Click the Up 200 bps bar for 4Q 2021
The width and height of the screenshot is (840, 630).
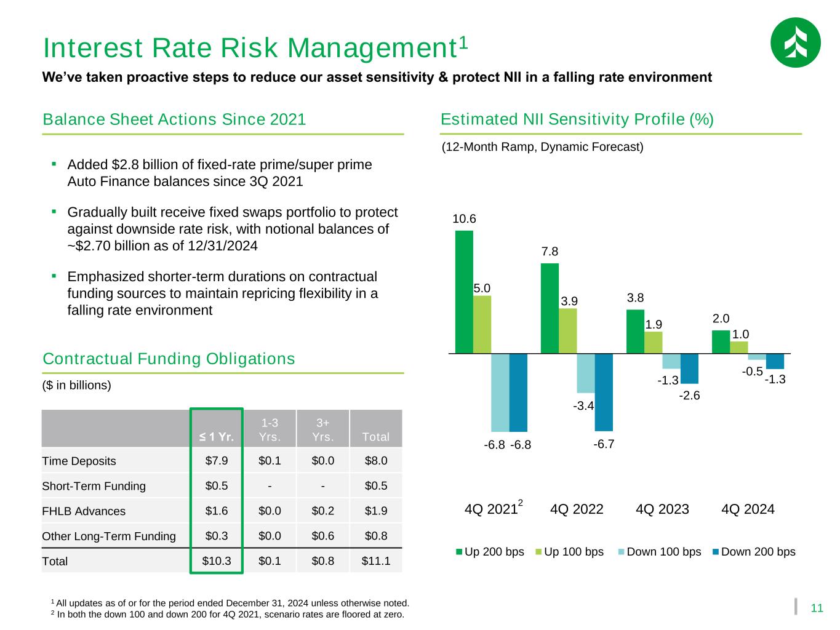pyautogui.click(x=464, y=292)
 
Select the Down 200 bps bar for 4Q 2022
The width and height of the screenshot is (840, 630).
pyautogui.click(x=604, y=392)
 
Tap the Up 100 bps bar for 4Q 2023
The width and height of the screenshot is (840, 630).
pyautogui.click(x=654, y=343)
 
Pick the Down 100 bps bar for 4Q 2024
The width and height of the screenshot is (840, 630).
pyautogui.click(x=757, y=357)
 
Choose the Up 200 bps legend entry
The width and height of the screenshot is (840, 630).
pyautogui.click(x=490, y=552)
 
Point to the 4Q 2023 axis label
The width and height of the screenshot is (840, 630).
pyautogui.click(x=662, y=509)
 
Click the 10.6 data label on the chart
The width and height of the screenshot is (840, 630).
pyautogui.click(x=464, y=219)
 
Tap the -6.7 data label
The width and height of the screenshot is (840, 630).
pyautogui.click(x=604, y=444)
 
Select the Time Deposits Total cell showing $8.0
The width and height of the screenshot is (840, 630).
pyautogui.click(x=376, y=461)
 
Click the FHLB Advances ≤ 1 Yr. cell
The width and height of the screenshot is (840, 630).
pyautogui.click(x=217, y=511)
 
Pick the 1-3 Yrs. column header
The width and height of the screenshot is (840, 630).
pyautogui.click(x=270, y=430)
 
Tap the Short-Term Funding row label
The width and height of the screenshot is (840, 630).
pyautogui.click(x=94, y=486)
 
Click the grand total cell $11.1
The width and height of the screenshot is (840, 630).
pyautogui.click(x=376, y=561)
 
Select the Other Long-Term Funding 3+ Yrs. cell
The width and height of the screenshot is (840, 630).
pyautogui.click(x=322, y=536)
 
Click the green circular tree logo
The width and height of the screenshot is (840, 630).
pyautogui.click(x=795, y=42)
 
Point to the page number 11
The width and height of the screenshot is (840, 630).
pyautogui.click(x=817, y=608)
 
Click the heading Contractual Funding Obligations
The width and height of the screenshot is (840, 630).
pyautogui.click(x=169, y=359)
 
